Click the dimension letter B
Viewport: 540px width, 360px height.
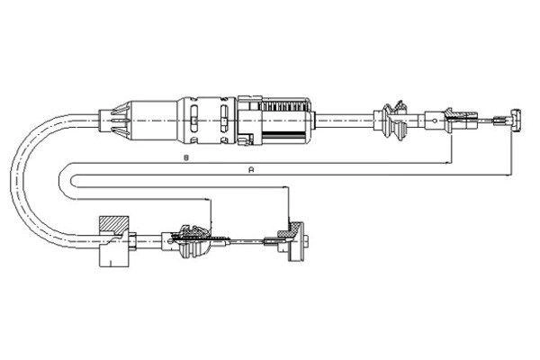186,157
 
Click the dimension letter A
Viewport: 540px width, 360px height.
251,169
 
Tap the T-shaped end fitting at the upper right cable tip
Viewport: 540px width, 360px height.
516,120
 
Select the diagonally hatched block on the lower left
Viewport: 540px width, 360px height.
114,224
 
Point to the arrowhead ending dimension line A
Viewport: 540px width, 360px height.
509,175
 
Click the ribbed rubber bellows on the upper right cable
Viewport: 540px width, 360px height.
395,121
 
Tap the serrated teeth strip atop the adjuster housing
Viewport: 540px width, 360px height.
283,105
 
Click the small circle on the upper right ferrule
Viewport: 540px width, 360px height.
435,121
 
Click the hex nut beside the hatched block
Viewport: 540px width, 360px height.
132,241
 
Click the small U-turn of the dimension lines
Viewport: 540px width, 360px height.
67,181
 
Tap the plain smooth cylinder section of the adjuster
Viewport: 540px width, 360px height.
154,121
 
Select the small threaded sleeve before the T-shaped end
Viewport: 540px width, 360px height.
498,121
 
